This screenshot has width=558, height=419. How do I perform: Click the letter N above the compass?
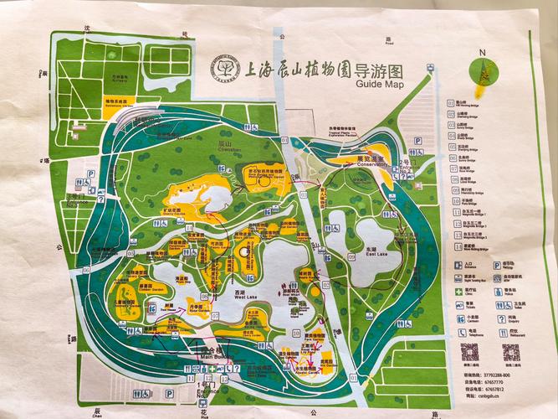(x=481, y=52)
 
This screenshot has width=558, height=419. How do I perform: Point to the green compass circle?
(x=484, y=70)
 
